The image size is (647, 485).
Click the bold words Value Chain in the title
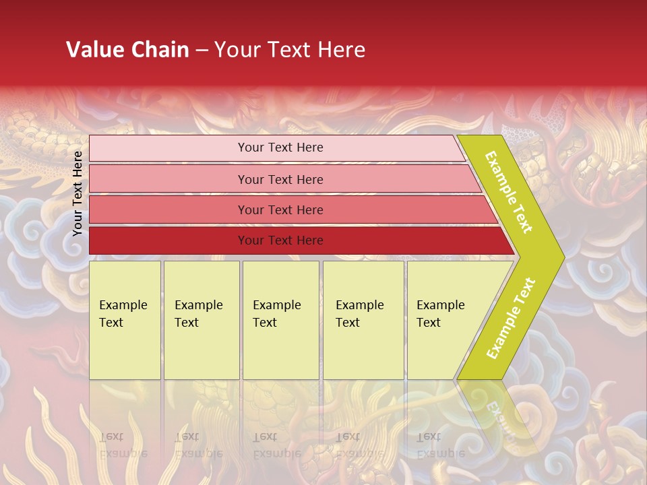click(x=127, y=50)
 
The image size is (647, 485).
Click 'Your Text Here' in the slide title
click(x=290, y=50)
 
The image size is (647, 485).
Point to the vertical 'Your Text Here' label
click(x=78, y=193)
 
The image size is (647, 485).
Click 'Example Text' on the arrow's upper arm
click(x=510, y=193)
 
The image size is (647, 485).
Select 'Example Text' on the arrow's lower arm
click(x=511, y=319)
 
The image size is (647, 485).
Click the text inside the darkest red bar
click(x=280, y=240)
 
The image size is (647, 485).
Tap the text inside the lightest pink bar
click(x=280, y=148)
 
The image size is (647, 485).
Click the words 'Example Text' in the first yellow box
click(x=123, y=314)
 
